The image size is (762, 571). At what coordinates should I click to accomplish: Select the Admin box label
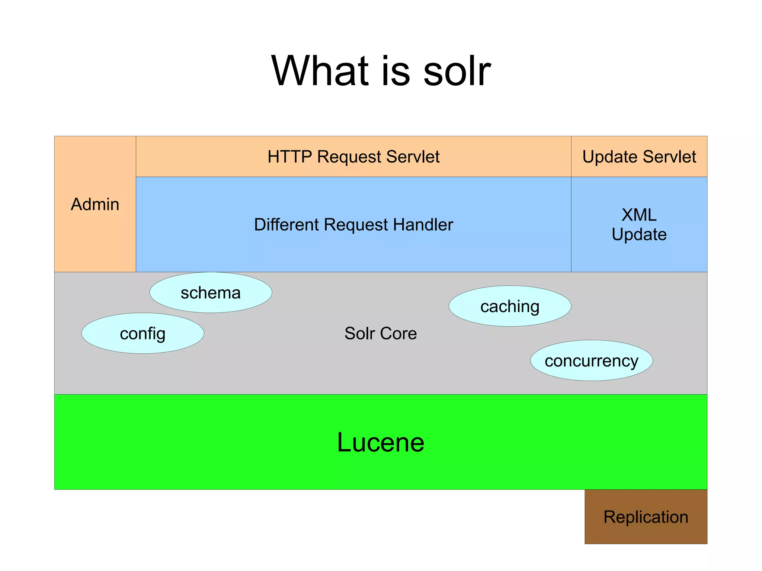95,204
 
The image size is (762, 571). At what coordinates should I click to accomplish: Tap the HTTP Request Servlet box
353,157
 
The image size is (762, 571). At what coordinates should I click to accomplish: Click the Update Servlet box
639,157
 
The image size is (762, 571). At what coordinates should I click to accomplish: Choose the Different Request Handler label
353,225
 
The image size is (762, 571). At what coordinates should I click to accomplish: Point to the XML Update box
639,225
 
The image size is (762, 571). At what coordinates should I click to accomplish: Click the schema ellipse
211,293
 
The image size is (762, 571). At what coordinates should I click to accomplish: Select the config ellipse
143,333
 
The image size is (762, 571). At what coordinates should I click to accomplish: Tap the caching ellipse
510,306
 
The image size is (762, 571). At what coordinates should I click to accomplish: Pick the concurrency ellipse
591,360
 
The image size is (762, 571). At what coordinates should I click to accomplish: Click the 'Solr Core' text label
380,333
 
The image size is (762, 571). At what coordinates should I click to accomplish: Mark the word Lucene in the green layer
380,442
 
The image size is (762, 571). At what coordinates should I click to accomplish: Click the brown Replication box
646,517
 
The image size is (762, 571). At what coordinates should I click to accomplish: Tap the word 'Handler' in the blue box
423,225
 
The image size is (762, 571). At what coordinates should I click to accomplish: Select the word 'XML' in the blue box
639,215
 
